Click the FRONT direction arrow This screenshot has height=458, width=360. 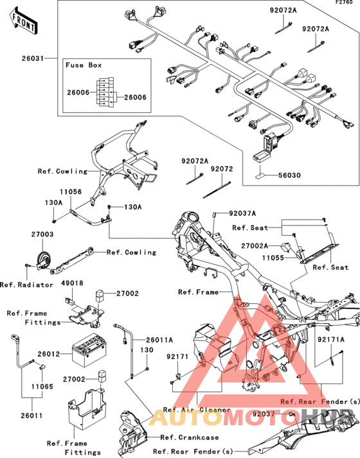pyautogui.click(x=23, y=22)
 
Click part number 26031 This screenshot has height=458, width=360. pyautogui.click(x=33, y=58)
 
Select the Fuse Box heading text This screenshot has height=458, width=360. pyautogui.click(x=84, y=65)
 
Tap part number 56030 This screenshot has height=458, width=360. pyautogui.click(x=289, y=175)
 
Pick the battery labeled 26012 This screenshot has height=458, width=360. pyautogui.click(x=89, y=350)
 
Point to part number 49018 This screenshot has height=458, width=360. pyautogui.click(x=72, y=283)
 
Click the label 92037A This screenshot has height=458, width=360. pyautogui.click(x=242, y=213)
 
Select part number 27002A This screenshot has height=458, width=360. pyautogui.click(x=255, y=246)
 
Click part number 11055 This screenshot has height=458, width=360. pyautogui.click(x=273, y=258)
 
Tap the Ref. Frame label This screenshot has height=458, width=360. pyautogui.click(x=199, y=292)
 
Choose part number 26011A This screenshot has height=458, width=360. pyautogui.click(x=159, y=340)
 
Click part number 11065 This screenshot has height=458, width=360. pyautogui.click(x=42, y=387)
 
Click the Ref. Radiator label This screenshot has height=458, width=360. pyautogui.click(x=26, y=285)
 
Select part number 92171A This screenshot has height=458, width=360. pyautogui.click(x=331, y=339)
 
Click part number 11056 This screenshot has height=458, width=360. pyautogui.click(x=71, y=192)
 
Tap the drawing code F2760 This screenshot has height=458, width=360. pyautogui.click(x=344, y=3)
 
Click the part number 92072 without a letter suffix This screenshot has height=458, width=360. pyautogui.click(x=222, y=169)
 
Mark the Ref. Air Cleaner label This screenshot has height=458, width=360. pyautogui.click(x=197, y=410)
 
